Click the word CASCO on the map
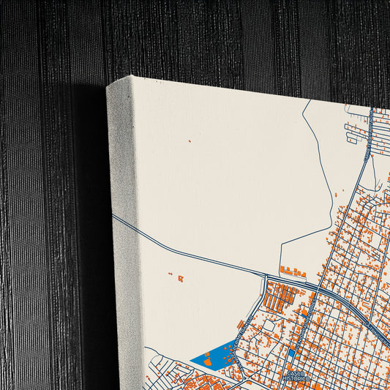[x=294, y=373]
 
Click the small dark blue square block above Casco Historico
[x=291, y=354]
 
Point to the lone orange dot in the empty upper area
[x=189, y=140]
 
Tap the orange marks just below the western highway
[x=180, y=278]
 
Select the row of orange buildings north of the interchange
[x=293, y=271]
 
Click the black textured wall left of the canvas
[x=44, y=220]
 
